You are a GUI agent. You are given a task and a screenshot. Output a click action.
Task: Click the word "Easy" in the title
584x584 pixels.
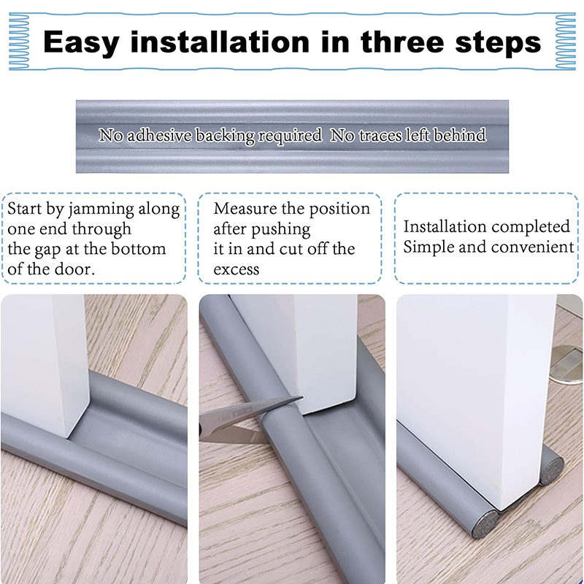pyautogui.click(x=81, y=43)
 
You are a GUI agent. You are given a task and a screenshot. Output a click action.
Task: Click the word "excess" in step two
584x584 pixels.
pyautogui.click(x=236, y=269)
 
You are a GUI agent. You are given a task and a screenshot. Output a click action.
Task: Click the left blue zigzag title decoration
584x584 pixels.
pyautogui.click(x=19, y=42)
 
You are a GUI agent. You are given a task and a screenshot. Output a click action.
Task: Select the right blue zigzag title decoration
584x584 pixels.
pyautogui.click(x=565, y=42)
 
